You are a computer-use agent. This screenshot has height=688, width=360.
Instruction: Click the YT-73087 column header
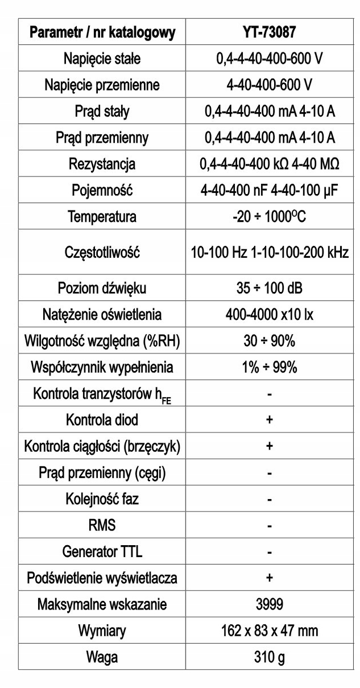270,33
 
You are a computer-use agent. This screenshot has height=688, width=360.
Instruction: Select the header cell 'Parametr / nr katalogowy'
102,33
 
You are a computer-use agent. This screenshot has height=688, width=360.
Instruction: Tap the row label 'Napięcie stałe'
102,59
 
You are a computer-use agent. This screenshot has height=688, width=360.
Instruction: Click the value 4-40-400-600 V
270,85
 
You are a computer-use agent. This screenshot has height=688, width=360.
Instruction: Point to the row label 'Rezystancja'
102,164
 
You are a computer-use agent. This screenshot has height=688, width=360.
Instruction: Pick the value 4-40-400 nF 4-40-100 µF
270,191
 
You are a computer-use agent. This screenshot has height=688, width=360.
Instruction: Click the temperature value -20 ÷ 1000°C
270,217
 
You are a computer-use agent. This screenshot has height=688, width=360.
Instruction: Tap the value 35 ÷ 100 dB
270,288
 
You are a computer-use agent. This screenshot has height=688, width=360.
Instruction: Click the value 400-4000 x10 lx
270,314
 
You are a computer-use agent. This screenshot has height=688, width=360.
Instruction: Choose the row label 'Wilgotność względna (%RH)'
102,341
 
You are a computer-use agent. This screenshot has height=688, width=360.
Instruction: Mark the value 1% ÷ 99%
270,367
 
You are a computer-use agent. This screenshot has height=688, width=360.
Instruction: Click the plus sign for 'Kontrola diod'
270,420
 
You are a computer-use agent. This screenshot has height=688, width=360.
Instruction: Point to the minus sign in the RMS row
270,526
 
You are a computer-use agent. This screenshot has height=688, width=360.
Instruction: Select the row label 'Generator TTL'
102,552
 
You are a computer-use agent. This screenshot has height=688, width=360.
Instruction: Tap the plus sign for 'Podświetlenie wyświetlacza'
270,578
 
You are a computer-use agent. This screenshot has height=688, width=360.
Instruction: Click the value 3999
270,604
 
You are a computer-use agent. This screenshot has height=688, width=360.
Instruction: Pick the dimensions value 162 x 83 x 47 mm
270,631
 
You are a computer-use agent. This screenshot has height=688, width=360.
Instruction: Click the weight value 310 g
270,657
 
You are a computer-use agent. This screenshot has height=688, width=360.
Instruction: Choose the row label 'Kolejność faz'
102,500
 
